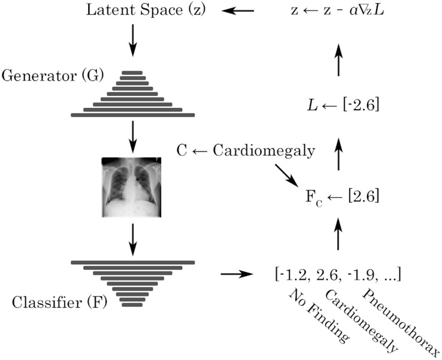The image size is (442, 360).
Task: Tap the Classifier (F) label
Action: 58,301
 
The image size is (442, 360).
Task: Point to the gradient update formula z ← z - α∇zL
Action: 338,10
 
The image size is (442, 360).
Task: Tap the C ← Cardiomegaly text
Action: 246,151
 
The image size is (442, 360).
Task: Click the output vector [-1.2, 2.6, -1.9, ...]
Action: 337,274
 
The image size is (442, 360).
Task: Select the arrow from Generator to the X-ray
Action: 132,136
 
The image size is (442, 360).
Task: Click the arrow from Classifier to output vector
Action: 235,274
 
